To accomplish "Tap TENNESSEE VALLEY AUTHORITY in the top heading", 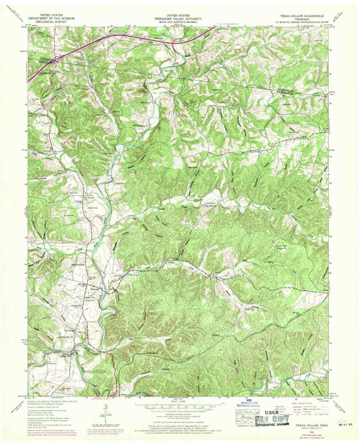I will pos(179,17).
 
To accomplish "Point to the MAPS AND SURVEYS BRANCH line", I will pos(179,20).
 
